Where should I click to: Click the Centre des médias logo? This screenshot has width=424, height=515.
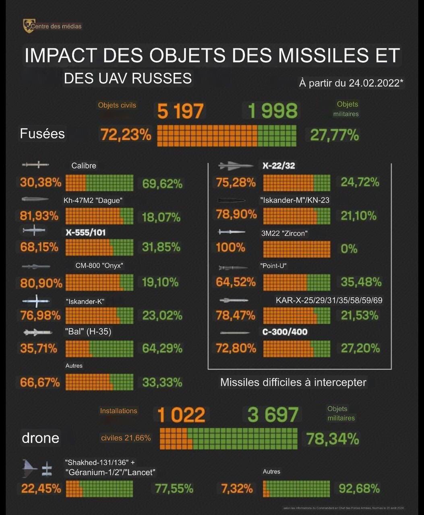coord(28,26)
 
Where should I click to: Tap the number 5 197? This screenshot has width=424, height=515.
coord(180,111)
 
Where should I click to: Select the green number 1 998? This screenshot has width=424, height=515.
coord(273,111)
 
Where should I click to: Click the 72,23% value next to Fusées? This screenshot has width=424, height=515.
coord(126,135)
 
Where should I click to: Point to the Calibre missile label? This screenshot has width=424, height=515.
coord(84,166)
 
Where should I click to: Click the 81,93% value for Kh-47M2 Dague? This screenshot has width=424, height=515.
coord(39,216)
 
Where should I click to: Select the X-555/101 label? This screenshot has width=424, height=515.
coord(86,233)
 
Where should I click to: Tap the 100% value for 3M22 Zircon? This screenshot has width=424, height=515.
coord(231,247)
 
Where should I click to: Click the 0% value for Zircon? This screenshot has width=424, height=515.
coord(349,249)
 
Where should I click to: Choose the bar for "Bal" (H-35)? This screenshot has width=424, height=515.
coord(99,348)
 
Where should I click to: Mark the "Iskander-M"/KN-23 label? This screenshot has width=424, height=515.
coord(295,200)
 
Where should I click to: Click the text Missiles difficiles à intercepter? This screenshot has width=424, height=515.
coord(293,382)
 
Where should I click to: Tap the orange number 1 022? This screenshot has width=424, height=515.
coord(181,415)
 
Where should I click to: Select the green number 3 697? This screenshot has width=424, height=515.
coord(273,415)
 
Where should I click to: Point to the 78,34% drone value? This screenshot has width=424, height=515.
coord(332,439)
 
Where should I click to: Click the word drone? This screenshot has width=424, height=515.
coord(41,438)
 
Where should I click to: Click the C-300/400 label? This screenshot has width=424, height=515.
coord(285,332)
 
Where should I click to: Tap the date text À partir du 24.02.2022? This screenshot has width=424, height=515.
coord(351,83)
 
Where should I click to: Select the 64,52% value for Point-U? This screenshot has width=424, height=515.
coord(236,282)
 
